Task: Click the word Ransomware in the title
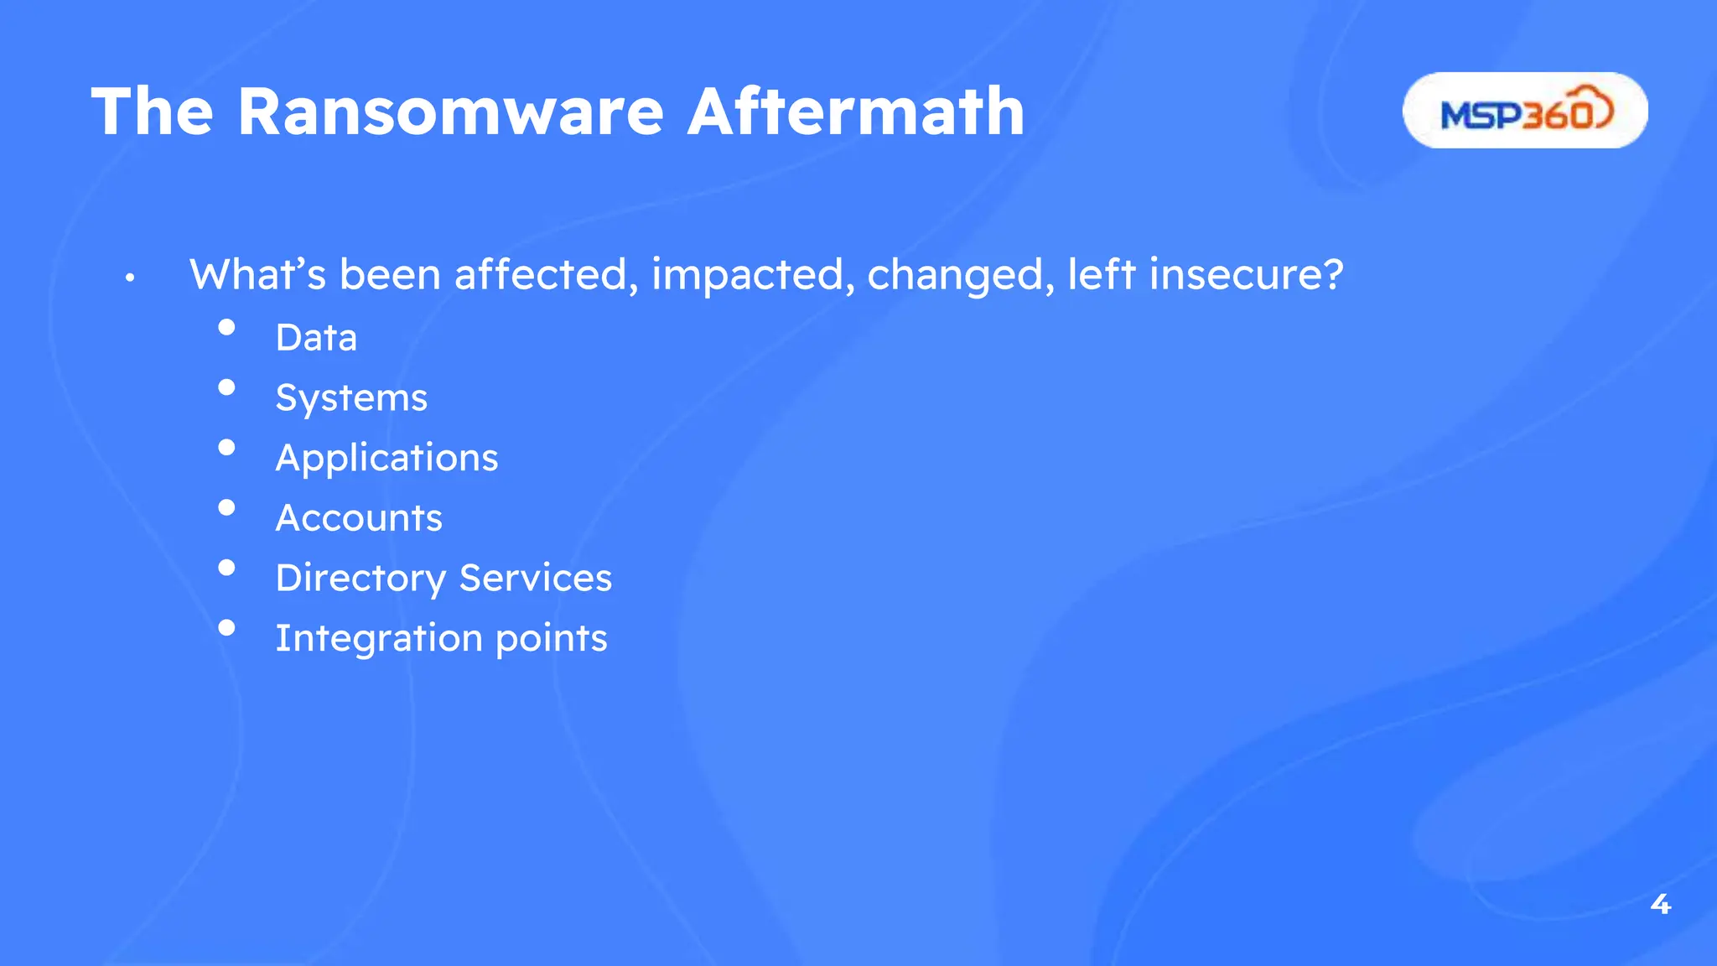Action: click(450, 112)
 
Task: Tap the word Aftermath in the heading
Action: click(856, 112)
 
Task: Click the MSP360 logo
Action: click(1525, 111)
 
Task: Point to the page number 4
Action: click(1660, 904)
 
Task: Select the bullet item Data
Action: click(316, 338)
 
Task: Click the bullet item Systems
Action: click(351, 398)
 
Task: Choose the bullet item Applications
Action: click(386, 459)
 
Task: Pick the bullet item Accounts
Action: click(359, 518)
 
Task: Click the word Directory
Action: click(361, 579)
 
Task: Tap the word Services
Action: click(536, 578)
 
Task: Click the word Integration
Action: click(379, 639)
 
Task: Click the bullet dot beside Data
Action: click(226, 327)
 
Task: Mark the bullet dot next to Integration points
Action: click(226, 627)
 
